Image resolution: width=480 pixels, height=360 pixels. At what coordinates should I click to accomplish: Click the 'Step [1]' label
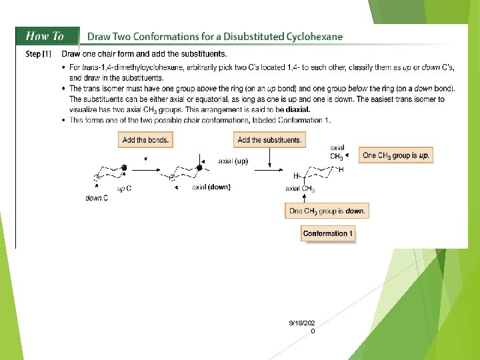click(x=39, y=54)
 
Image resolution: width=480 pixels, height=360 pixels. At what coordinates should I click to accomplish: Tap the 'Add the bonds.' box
click(x=145, y=140)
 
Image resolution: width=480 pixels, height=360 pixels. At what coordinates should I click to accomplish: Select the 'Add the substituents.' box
click(x=269, y=140)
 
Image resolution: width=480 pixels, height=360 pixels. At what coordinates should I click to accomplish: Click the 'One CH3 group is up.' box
click(x=395, y=155)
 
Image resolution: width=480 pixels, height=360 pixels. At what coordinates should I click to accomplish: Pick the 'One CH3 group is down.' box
click(x=327, y=211)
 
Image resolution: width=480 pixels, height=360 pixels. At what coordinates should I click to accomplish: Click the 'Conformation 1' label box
click(x=328, y=233)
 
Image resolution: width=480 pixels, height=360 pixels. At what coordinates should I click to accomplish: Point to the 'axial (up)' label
click(x=233, y=161)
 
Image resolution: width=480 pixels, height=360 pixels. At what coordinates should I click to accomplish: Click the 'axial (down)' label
click(x=211, y=187)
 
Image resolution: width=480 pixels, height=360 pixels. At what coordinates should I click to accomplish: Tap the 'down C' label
click(x=97, y=198)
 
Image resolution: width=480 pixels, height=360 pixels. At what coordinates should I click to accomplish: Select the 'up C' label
click(x=125, y=189)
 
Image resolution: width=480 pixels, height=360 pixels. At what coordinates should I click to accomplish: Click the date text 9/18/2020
click(x=302, y=323)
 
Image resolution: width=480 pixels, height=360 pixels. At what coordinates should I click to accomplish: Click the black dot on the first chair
click(x=123, y=166)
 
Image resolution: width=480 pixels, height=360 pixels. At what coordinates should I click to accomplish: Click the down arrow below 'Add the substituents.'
click(x=269, y=157)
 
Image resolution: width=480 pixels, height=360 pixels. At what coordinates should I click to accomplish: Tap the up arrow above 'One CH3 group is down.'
click(x=304, y=197)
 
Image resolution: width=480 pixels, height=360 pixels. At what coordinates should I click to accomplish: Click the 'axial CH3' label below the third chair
click(x=299, y=189)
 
